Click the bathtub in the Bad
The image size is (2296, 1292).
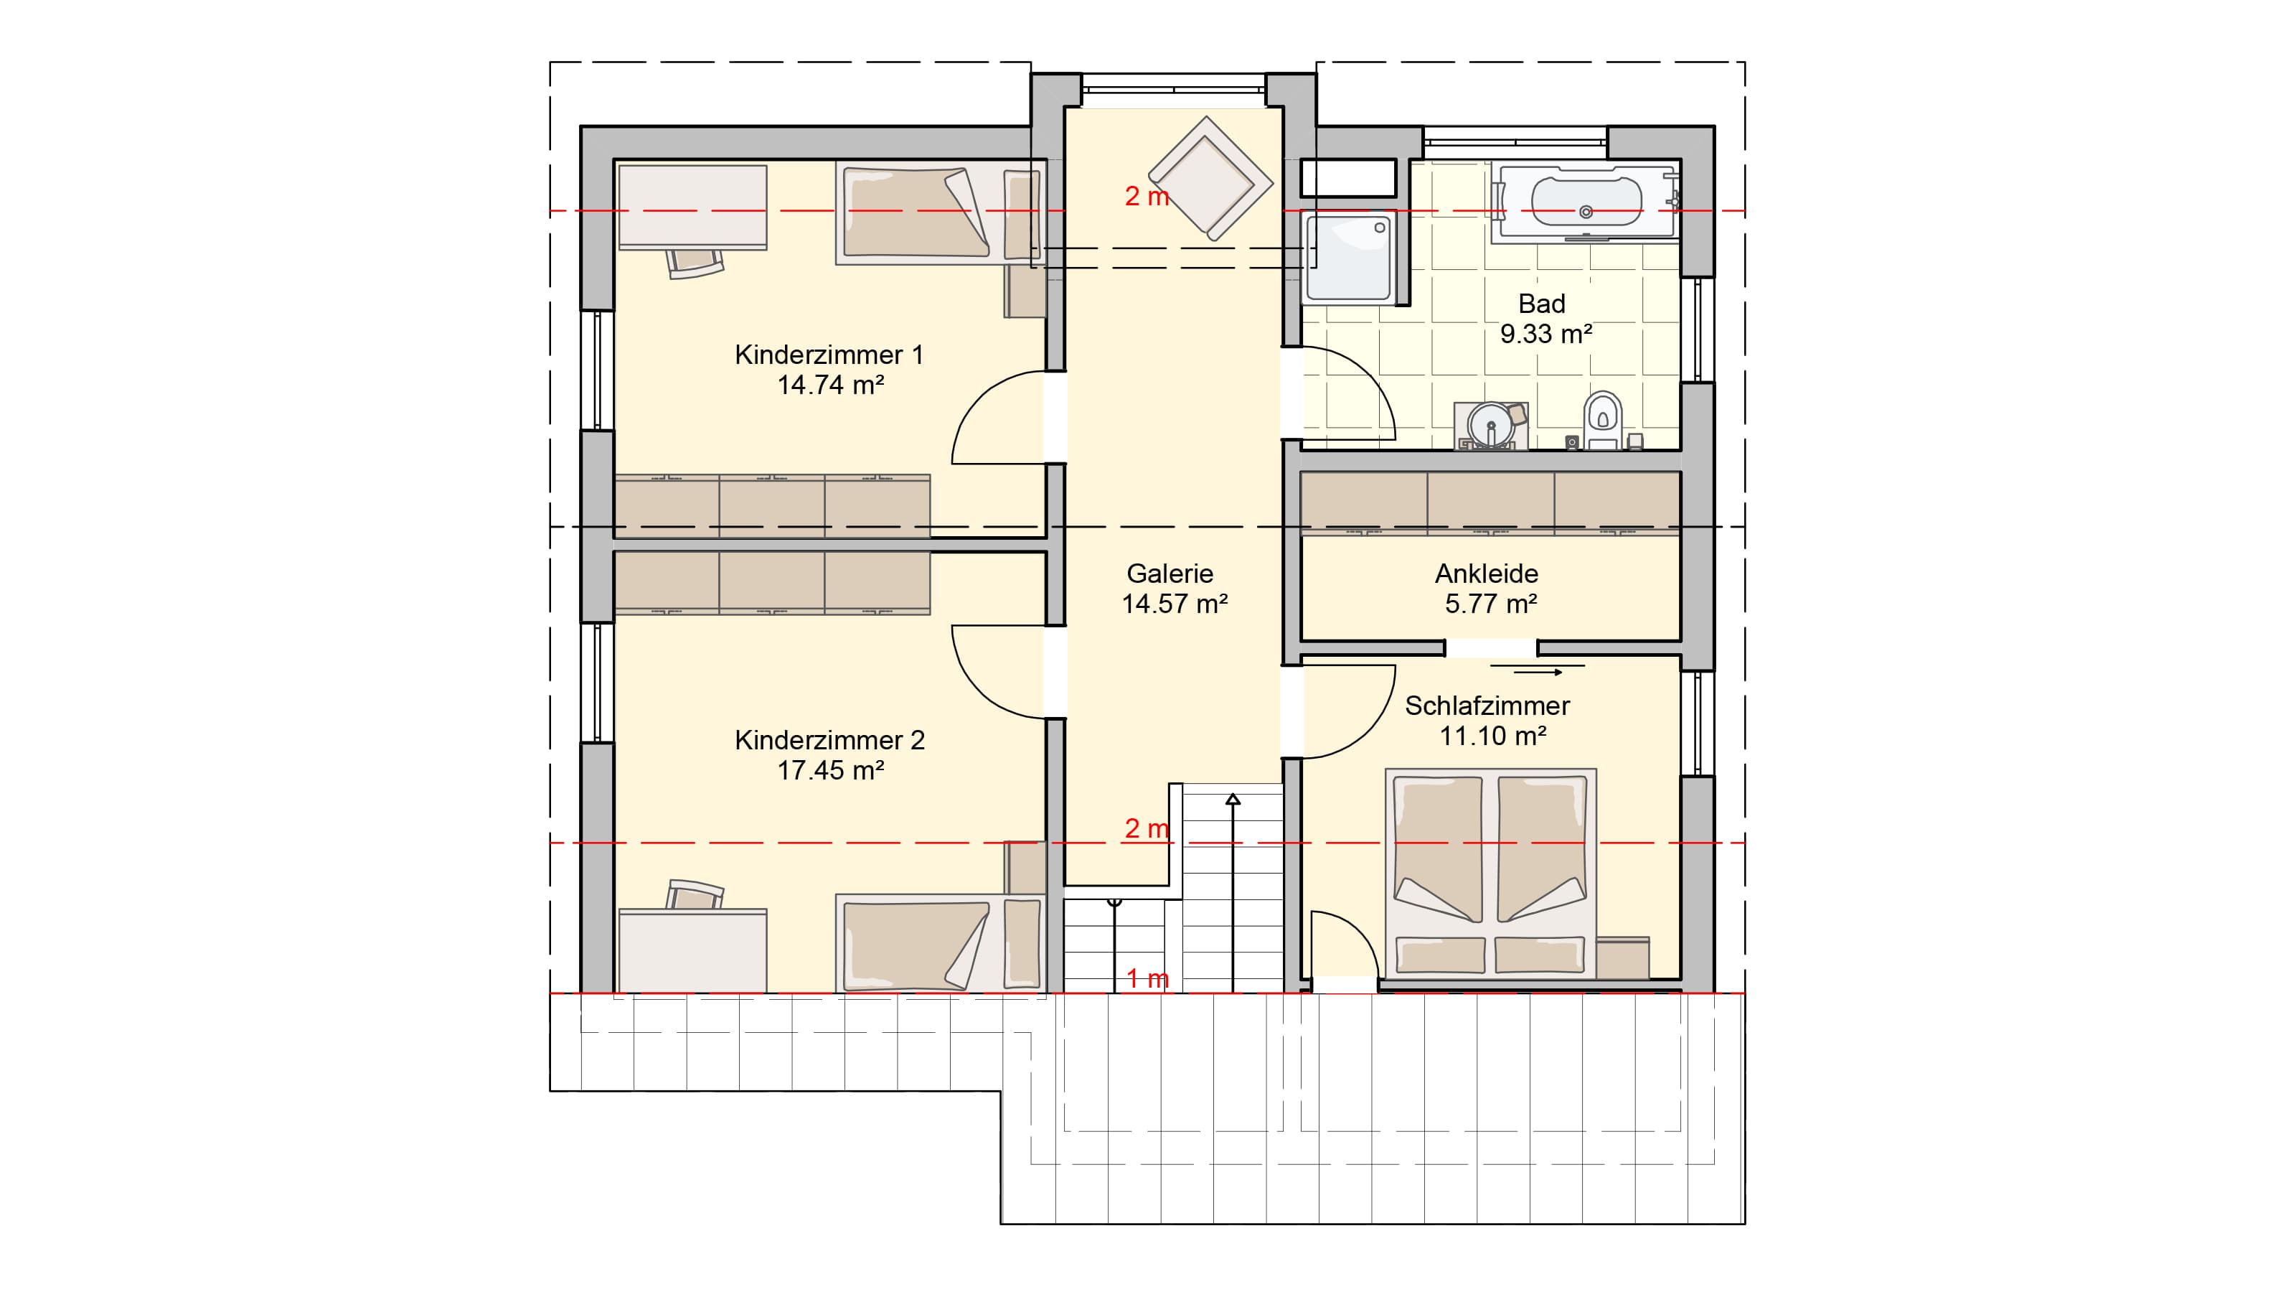tap(1586, 202)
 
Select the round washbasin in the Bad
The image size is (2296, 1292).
tap(1490, 426)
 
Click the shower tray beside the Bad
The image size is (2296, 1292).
tap(1349, 256)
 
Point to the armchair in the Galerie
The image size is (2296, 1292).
tap(1210, 178)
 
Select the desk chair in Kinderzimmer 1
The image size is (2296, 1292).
tap(695, 263)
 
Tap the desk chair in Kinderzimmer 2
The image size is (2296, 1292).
tap(695, 894)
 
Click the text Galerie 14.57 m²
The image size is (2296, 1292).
tap(1174, 589)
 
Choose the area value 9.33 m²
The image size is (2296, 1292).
tap(1545, 334)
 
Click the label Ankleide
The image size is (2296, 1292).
tap(1486, 574)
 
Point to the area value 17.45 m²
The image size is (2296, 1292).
tap(830, 770)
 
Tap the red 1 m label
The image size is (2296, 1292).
tap(1147, 978)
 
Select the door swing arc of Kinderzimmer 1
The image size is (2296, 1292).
tap(980, 401)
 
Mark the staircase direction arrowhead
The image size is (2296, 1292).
tap(1233, 799)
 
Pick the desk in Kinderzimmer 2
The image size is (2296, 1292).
tap(692, 950)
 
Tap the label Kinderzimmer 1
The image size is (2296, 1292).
tap(829, 355)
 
